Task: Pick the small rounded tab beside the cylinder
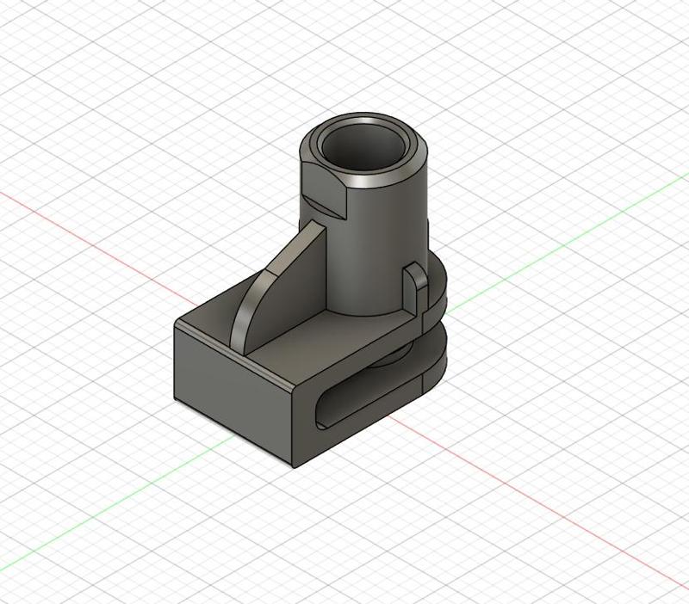pyautogui.click(x=415, y=288)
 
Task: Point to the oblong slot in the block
pyautogui.click(x=362, y=396)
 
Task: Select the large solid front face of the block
pyautogui.click(x=233, y=387)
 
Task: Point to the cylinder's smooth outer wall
pyautogui.click(x=379, y=250)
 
